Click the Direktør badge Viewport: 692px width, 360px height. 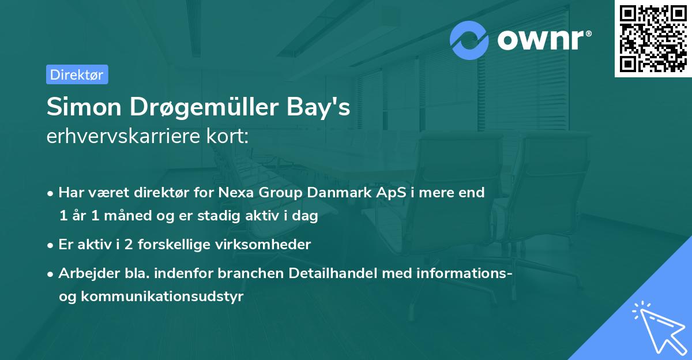point(77,75)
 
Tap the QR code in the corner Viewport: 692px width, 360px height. point(653,39)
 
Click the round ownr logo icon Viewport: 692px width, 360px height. point(469,40)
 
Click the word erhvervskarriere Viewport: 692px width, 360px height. point(124,137)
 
